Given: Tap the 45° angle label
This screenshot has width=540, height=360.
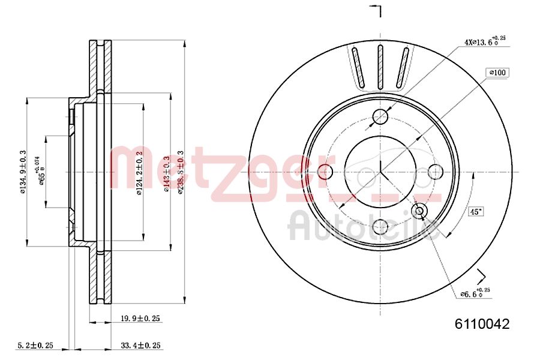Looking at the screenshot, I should pyautogui.click(x=476, y=211).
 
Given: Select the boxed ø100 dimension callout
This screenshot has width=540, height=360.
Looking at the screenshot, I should pyautogui.click(x=497, y=73).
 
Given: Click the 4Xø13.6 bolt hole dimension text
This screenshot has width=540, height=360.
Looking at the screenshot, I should pyautogui.click(x=485, y=41).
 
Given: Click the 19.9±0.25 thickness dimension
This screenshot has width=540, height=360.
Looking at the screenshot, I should pyautogui.click(x=140, y=319).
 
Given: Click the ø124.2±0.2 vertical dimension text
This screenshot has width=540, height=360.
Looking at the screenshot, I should pyautogui.click(x=139, y=172).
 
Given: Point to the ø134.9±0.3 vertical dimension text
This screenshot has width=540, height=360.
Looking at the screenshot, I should pyautogui.click(x=23, y=172).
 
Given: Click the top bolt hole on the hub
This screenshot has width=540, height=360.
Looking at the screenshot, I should pyautogui.click(x=380, y=116).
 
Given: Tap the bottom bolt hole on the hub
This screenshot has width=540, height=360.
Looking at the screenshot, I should pyautogui.click(x=380, y=226).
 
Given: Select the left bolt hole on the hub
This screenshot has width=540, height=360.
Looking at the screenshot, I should pyautogui.click(x=326, y=172).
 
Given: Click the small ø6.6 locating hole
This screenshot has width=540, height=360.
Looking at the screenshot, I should pyautogui.click(x=419, y=211).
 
